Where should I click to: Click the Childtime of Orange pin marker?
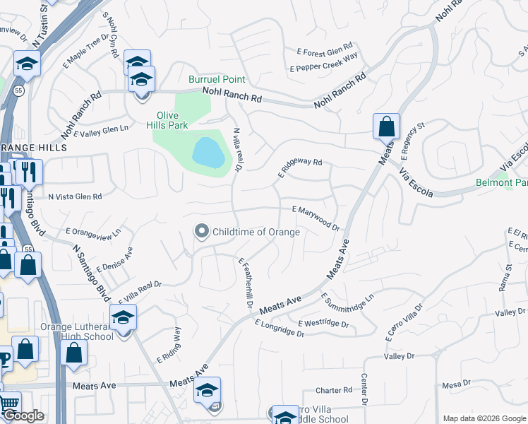tap(202, 231)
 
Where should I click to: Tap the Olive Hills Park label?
tap(172, 122)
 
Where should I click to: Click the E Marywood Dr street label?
tap(316, 218)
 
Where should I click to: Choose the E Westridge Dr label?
tap(323, 324)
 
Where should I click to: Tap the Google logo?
tap(23, 416)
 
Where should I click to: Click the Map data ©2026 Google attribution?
tap(484, 418)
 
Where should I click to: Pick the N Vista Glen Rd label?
tap(74, 196)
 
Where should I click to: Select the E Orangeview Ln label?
tap(93, 231)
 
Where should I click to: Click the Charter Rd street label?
tap(333, 390)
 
